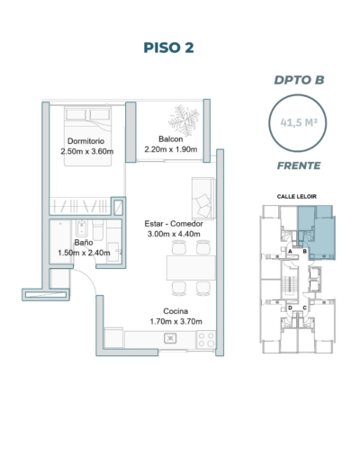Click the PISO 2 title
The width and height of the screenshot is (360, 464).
point(168,48)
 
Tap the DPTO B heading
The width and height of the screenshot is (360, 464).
point(299,80)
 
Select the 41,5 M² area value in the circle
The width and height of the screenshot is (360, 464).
point(299,122)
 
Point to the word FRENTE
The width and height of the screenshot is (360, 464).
point(299,165)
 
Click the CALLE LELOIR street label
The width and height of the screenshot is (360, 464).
point(297,197)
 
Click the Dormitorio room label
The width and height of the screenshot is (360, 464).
point(86,141)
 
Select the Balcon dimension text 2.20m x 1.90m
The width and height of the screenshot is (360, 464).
point(171,149)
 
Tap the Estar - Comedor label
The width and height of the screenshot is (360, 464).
point(174,224)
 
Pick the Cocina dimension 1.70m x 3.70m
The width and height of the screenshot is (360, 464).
point(176,322)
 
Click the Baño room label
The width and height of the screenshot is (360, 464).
point(84,242)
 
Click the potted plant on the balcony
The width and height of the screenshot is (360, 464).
point(184,120)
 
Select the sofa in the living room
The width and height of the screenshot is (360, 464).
point(203,198)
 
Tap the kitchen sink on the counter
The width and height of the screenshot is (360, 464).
point(170,338)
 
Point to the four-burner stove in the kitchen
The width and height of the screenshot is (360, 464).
point(206,340)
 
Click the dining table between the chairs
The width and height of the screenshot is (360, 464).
point(191,268)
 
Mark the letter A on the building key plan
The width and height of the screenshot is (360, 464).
point(290,252)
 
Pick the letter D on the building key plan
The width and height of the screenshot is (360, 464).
point(290,308)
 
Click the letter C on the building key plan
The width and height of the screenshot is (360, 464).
point(304,308)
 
